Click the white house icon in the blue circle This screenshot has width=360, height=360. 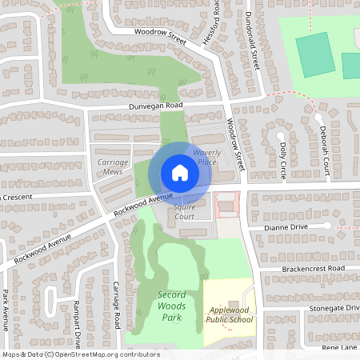(179, 173)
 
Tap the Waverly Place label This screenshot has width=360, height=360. (206, 157)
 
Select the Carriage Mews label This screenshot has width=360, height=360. (113, 166)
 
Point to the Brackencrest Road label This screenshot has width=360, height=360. (313, 269)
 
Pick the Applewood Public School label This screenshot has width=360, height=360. (229, 314)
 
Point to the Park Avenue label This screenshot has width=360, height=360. (6, 308)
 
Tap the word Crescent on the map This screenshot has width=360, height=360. (18, 197)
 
